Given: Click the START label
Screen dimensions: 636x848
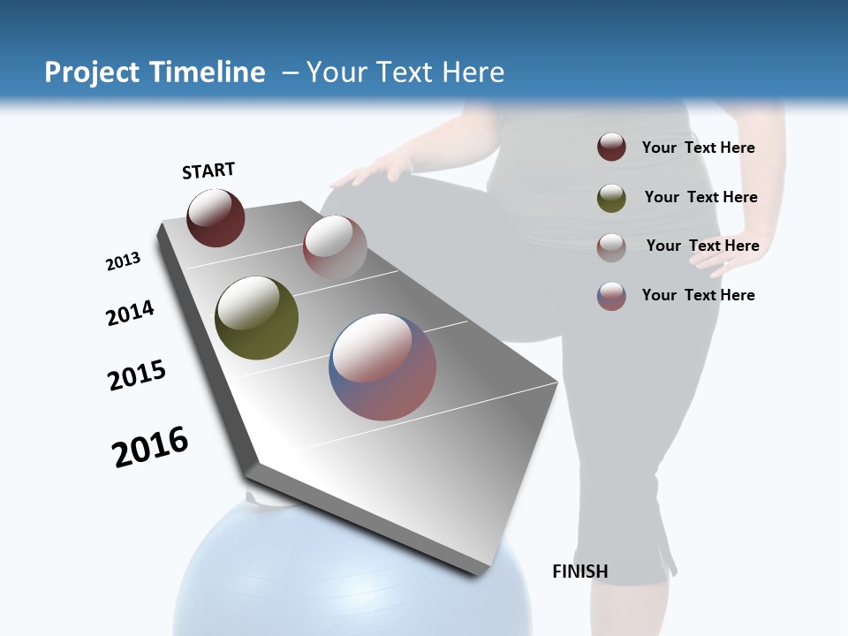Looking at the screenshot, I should [208, 170].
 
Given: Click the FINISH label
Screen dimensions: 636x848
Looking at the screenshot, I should [579, 572].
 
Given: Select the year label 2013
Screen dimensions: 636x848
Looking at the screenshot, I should [123, 261].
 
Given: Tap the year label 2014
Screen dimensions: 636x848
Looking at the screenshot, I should [130, 313].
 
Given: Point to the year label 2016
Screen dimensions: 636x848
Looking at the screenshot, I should [150, 447].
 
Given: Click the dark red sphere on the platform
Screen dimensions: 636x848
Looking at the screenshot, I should [216, 218].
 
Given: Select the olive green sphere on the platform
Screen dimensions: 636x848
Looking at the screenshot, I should [256, 318].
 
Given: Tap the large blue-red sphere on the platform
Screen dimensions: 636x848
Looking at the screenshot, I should [382, 367].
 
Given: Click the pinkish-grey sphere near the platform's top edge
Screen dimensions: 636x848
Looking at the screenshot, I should [335, 246].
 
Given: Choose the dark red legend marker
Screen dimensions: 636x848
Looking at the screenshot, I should [611, 148].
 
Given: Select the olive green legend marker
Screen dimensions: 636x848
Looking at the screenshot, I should [611, 198].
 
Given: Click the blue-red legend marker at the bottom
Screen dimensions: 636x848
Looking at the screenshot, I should [611, 296].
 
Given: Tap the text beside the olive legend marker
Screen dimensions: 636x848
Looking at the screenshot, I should [700, 197].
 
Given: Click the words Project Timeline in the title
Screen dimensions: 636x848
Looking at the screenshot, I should [155, 72].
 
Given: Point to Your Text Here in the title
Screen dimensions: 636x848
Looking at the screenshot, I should [405, 72].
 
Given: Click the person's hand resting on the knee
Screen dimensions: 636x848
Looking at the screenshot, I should [371, 170].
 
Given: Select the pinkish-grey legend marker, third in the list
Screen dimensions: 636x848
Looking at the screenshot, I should [611, 246].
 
